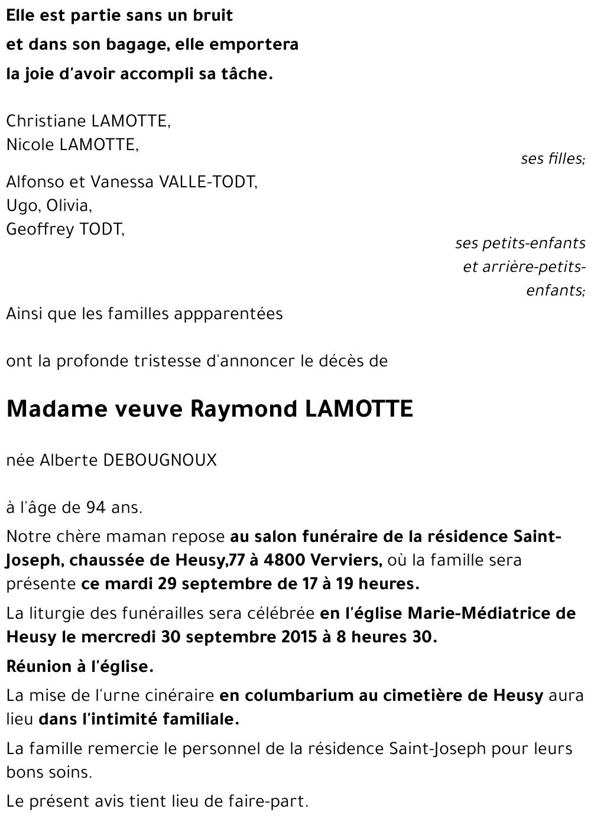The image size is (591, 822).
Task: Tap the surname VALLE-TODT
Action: (209, 182)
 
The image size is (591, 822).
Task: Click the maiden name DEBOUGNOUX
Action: (160, 460)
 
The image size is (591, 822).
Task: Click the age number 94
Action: (98, 508)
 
